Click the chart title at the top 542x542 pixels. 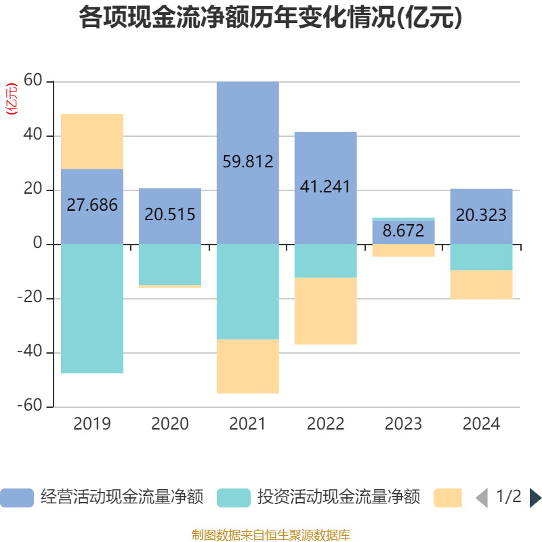click(x=270, y=18)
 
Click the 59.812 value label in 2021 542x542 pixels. click(x=248, y=162)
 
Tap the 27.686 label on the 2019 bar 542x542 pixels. click(x=92, y=205)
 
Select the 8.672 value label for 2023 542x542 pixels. click(x=403, y=231)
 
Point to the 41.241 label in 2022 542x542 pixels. click(x=325, y=187)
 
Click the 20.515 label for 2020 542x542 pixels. click(x=170, y=215)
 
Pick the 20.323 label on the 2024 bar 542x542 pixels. click(x=481, y=215)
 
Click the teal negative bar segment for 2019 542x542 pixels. click(x=92, y=308)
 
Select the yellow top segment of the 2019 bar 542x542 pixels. click(x=92, y=141)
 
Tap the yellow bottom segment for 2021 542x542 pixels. click(x=248, y=367)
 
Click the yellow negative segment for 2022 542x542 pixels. click(x=325, y=311)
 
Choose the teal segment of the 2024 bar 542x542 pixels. click(x=481, y=257)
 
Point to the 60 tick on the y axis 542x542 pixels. click(x=33, y=82)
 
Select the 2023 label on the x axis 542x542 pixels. click(x=403, y=424)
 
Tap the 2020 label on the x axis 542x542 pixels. click(x=170, y=424)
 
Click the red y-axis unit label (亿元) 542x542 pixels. click(x=12, y=99)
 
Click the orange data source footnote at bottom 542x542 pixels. click(x=270, y=535)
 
